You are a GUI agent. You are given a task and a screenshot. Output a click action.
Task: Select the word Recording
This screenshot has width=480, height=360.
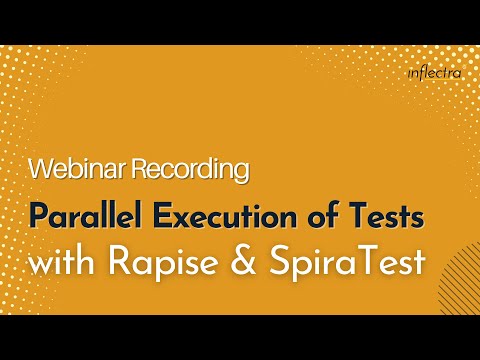pos(187,169)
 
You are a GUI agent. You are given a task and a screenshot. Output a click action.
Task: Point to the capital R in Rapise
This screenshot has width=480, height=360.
pos(141,263)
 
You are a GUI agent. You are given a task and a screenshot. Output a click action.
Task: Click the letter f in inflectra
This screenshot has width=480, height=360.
pos(421,72)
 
